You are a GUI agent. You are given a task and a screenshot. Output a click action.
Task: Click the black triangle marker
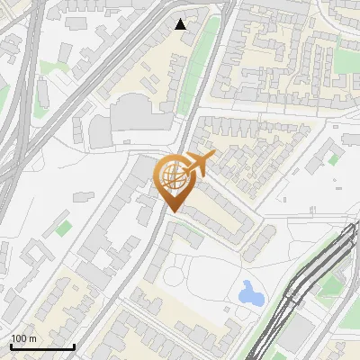(181, 24)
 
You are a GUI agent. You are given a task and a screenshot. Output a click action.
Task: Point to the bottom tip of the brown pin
(173, 211)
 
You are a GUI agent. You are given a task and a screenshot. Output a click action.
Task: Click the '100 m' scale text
(24, 338)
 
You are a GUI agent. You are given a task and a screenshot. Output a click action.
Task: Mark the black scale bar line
(41, 346)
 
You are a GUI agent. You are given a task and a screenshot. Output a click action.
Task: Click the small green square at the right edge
(334, 159)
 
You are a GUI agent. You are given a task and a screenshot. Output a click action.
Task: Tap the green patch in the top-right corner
(346, 45)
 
